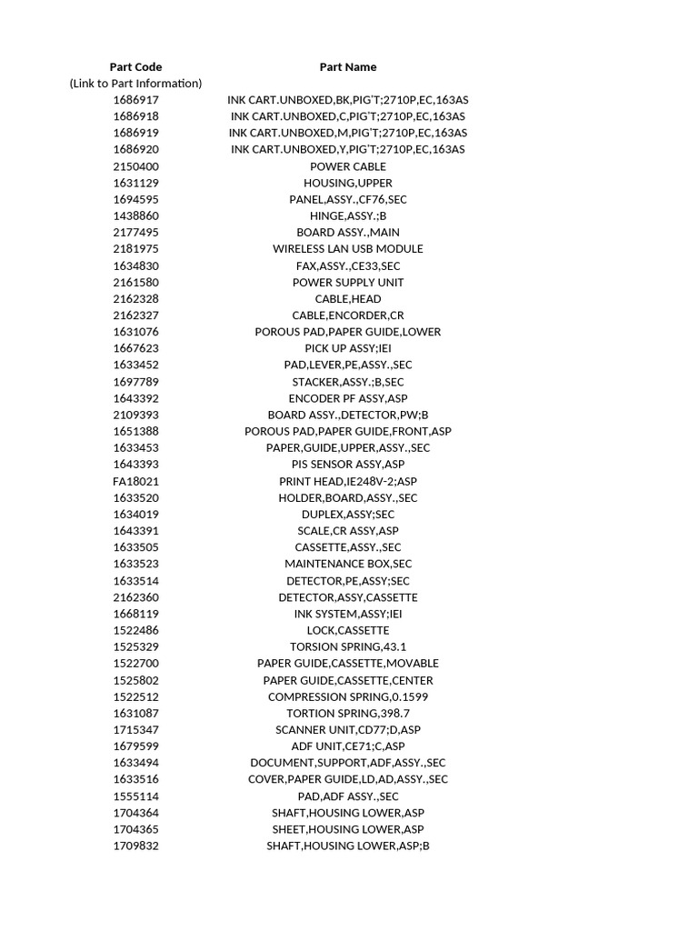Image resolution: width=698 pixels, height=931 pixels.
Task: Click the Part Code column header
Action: tap(135, 66)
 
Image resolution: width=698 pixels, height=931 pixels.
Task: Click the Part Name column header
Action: tap(347, 66)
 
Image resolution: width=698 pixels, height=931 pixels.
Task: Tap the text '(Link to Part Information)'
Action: tap(135, 83)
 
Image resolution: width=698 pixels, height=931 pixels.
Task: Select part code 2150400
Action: tap(135, 166)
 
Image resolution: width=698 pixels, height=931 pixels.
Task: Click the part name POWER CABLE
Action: tap(347, 166)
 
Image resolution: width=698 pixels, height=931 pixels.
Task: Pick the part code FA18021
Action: tap(135, 481)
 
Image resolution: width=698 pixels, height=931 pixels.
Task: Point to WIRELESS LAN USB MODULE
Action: tap(347, 249)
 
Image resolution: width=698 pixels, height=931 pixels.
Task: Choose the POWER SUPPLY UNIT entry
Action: tap(347, 282)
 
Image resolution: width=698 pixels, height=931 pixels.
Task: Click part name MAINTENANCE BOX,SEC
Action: tap(347, 564)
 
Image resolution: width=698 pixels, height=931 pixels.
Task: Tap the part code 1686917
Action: tap(135, 100)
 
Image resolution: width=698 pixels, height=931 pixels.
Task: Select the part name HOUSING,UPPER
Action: tap(347, 183)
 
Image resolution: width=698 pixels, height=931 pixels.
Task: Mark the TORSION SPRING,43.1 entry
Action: tap(347, 646)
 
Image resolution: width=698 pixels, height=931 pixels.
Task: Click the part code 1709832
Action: tap(135, 846)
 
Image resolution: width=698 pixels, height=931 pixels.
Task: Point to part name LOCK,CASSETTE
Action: tap(347, 630)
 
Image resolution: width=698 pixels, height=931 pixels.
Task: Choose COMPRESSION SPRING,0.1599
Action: tap(347, 696)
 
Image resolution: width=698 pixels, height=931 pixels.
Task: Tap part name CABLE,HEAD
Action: tap(347, 298)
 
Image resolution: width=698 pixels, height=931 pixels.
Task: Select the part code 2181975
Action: tap(135, 249)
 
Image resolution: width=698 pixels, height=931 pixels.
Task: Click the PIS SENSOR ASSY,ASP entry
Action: tap(347, 465)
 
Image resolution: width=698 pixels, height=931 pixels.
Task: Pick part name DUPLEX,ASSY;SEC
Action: tap(347, 515)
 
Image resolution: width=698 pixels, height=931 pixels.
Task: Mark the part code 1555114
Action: tap(135, 796)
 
